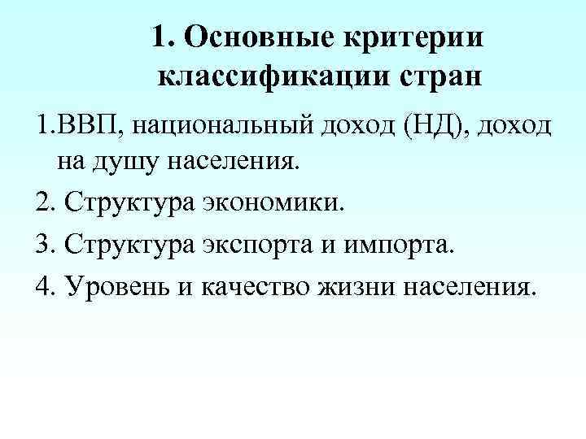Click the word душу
click(134, 162)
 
